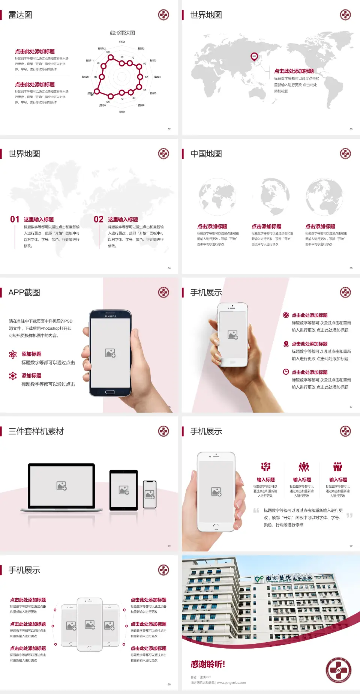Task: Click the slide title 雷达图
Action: [20, 15]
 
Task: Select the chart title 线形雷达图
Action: [122, 33]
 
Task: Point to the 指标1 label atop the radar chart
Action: [122, 42]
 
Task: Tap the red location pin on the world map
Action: [254, 57]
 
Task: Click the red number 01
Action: [15, 219]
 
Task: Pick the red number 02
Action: [99, 219]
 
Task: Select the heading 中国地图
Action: [206, 154]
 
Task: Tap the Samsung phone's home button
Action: [110, 392]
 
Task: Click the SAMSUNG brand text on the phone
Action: [110, 316]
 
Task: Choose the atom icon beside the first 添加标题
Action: [13, 355]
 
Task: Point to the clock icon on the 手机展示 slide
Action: [286, 372]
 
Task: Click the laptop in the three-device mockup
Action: [61, 487]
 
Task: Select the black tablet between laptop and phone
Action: [123, 490]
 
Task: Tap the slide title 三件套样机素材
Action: [36, 431]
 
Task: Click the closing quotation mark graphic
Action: [349, 515]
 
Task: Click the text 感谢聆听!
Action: [208, 664]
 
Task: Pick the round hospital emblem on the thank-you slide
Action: [338, 670]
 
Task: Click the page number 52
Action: [169, 129]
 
